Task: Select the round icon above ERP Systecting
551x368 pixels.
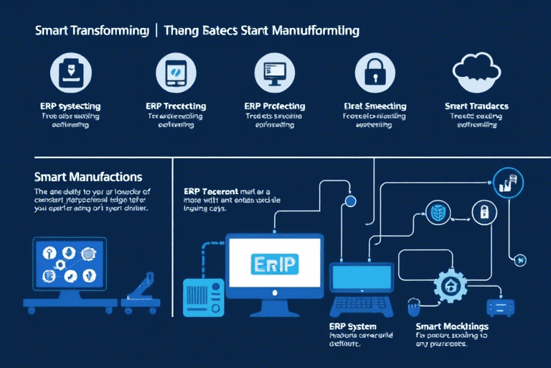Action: point(70,73)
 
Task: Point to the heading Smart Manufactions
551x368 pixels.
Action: point(88,177)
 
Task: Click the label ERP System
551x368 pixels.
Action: point(341,326)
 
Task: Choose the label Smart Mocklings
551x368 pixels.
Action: point(452,326)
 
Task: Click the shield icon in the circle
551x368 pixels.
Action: point(438,211)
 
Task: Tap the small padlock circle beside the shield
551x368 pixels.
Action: point(484,211)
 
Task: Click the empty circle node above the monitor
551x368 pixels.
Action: point(351,201)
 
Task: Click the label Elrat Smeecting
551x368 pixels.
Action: point(375,106)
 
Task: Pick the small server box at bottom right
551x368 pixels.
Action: point(501,306)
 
